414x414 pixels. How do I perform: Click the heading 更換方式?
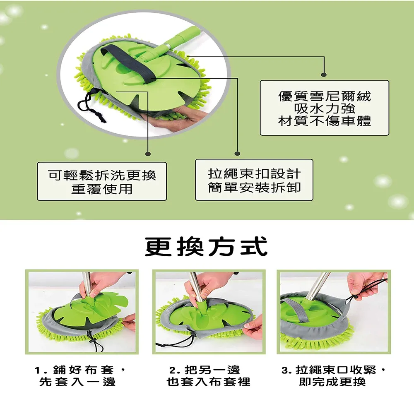tap(207, 247)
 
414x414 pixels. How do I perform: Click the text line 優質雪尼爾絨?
tap(325, 96)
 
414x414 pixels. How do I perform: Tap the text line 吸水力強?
tap(325, 108)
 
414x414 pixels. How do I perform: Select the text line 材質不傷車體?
tap(325, 121)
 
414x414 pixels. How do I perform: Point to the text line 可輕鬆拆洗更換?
tap(102, 175)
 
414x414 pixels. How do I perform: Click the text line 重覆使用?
tap(102, 189)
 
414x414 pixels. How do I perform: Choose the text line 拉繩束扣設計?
tap(254, 174)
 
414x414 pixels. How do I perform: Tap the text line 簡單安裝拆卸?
tap(254, 188)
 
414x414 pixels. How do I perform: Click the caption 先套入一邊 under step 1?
tap(77, 382)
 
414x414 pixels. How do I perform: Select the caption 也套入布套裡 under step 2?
tap(208, 382)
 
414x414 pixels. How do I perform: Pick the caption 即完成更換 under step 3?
tap(332, 382)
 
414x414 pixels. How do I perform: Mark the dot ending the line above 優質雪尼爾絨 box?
tap(324, 75)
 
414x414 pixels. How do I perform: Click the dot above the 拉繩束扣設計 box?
tap(237, 154)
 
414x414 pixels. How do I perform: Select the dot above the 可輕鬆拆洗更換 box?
tap(148, 154)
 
